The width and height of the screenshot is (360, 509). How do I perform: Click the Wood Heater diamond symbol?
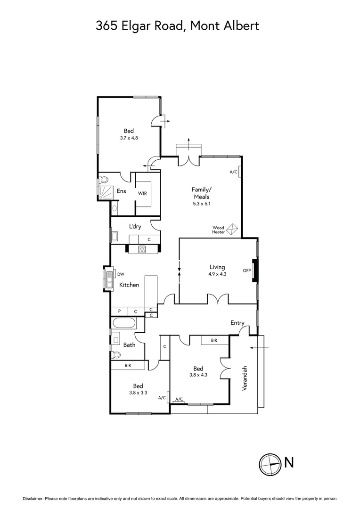[x=232, y=230]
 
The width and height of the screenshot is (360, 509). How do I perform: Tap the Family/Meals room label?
[x=200, y=193]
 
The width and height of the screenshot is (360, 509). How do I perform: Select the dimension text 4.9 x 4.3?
[x=217, y=273]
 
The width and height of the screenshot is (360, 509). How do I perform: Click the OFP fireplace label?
[x=246, y=271]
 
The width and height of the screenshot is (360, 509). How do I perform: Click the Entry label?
[x=237, y=323]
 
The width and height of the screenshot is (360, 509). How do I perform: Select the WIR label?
[x=143, y=193]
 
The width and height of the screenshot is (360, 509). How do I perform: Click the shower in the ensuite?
[x=106, y=191]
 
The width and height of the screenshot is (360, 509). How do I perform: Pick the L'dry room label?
[x=135, y=227]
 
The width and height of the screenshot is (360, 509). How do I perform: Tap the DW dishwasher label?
[x=121, y=274]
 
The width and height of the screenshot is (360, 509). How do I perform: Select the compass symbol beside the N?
[x=270, y=463]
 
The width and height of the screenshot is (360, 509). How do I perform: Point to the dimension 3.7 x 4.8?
[x=129, y=138]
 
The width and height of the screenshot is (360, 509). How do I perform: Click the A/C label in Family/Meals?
[x=233, y=172]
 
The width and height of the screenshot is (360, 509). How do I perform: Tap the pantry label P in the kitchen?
[x=119, y=312]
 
